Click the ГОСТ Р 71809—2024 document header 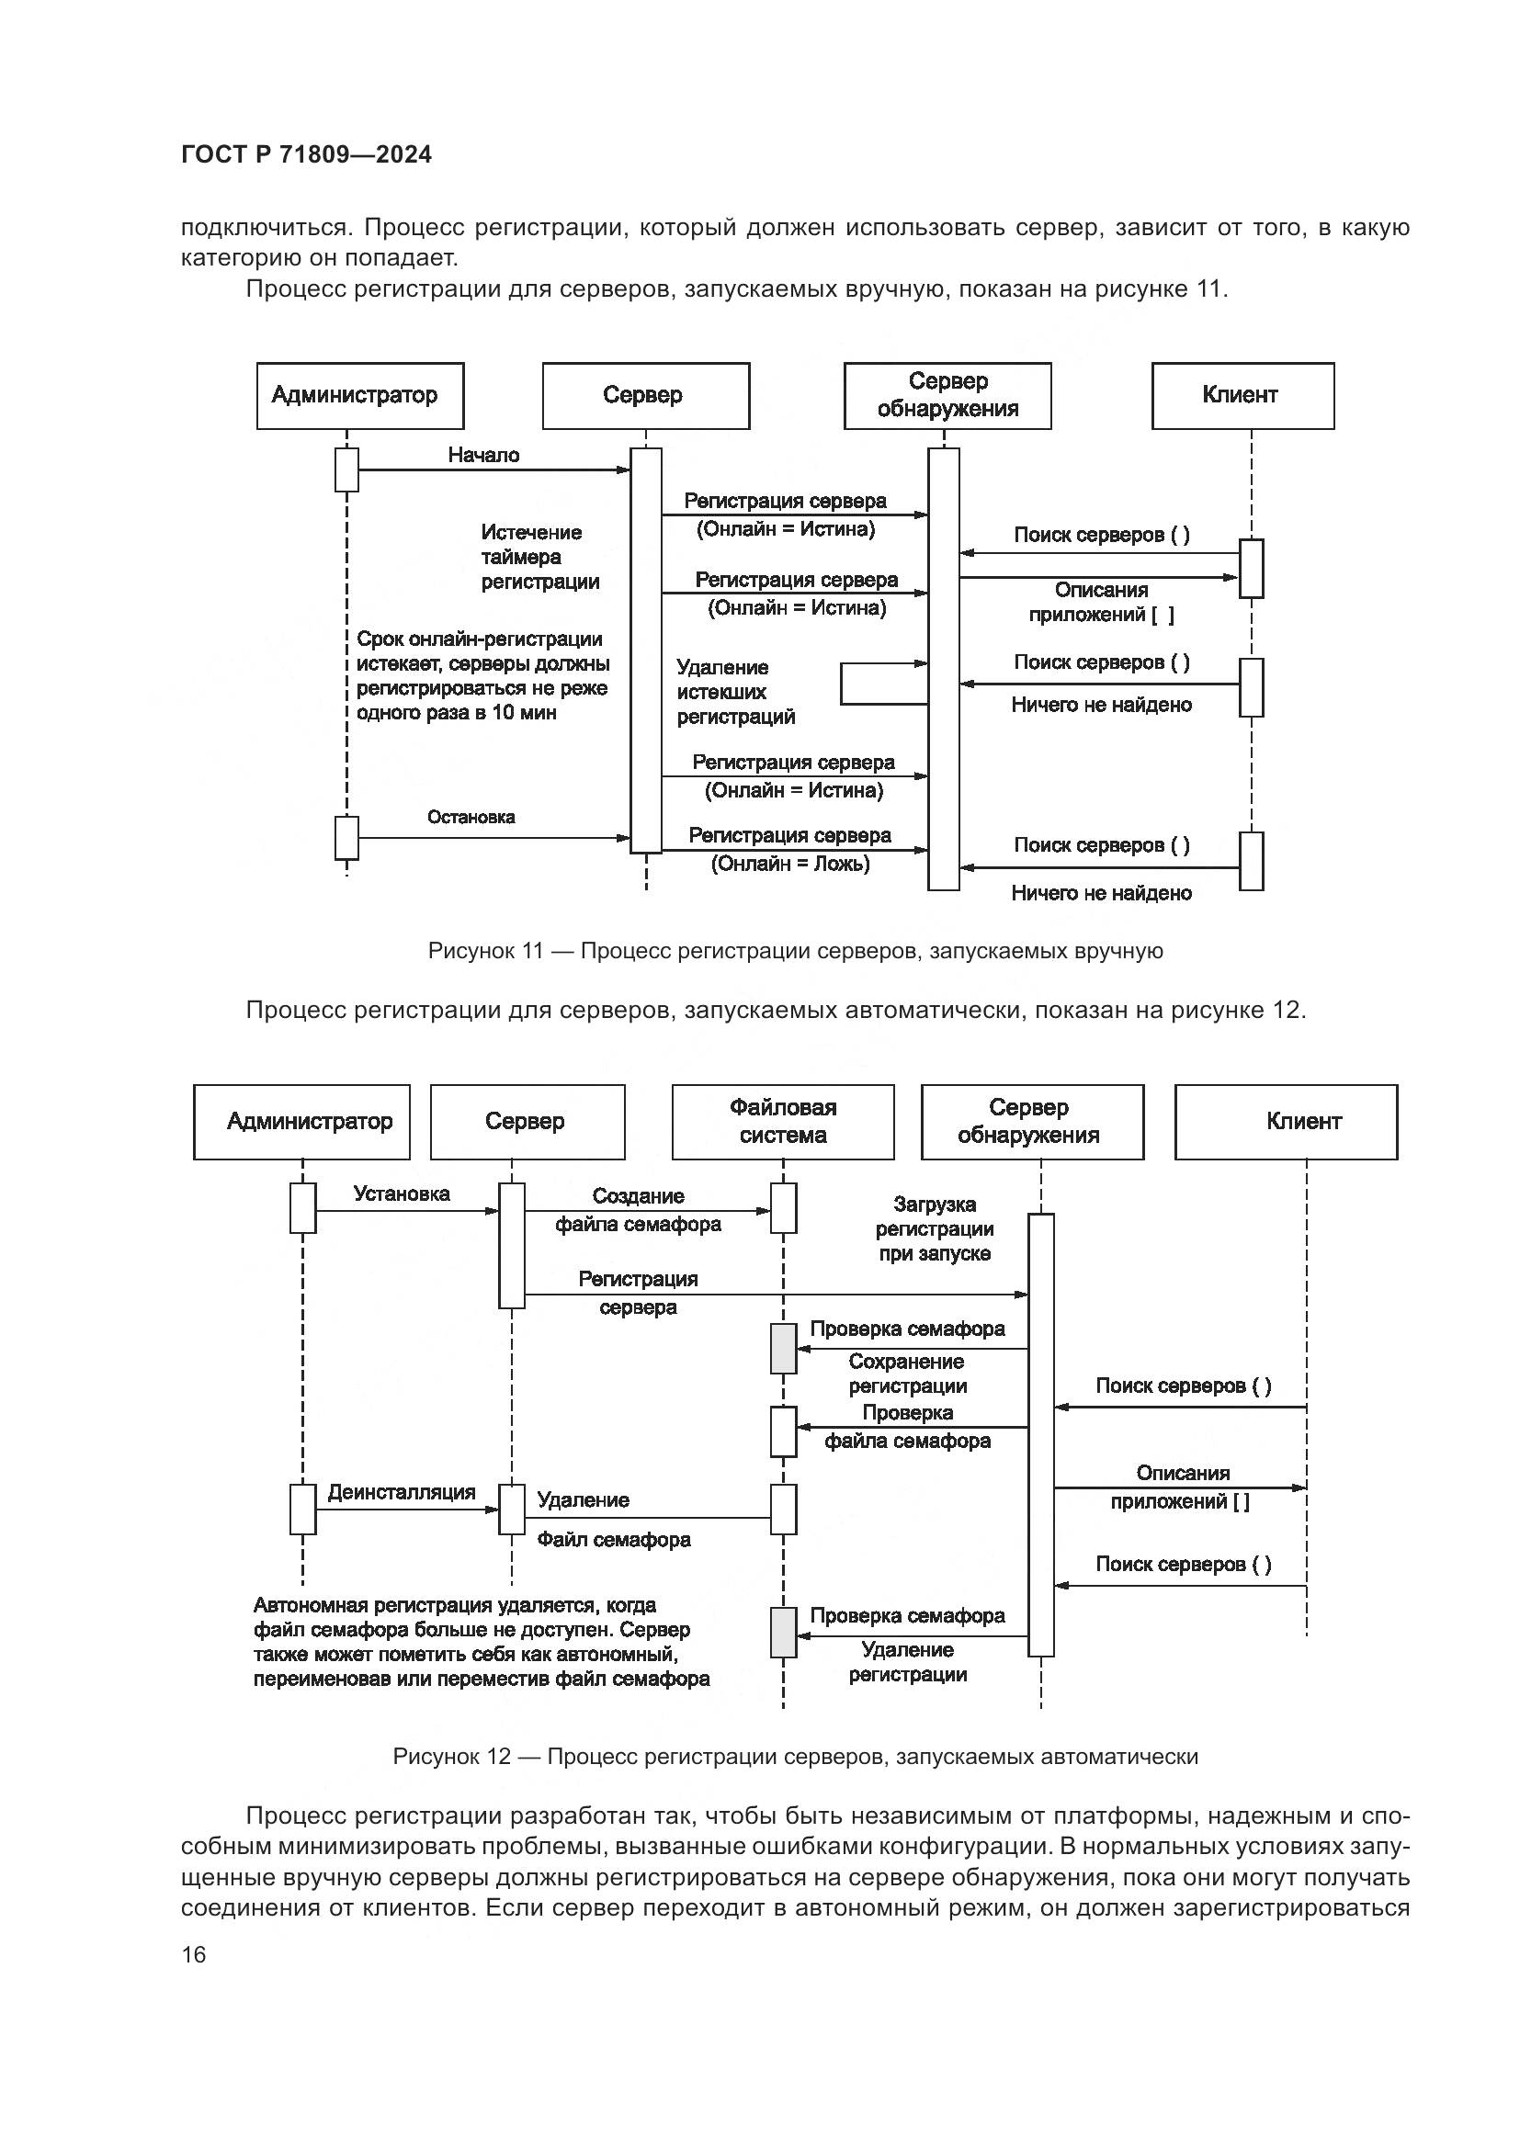coord(306,154)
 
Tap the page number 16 coord(194,1954)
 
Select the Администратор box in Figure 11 coord(359,396)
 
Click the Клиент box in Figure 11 coord(1242,396)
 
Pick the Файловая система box coord(782,1121)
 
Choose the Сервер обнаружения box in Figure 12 coord(1031,1121)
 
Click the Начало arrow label coord(483,456)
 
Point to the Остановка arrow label coord(471,817)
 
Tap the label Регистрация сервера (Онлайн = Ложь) coord(790,849)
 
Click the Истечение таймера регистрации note coord(539,557)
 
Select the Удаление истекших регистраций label coord(735,693)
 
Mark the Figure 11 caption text coord(795,951)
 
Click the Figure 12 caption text coord(795,1757)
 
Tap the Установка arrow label coord(402,1193)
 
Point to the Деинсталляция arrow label coord(402,1493)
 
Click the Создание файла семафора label coord(639,1210)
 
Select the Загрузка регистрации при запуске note coord(934,1229)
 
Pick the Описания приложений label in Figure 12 coord(1181,1487)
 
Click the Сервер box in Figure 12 coord(527,1121)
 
